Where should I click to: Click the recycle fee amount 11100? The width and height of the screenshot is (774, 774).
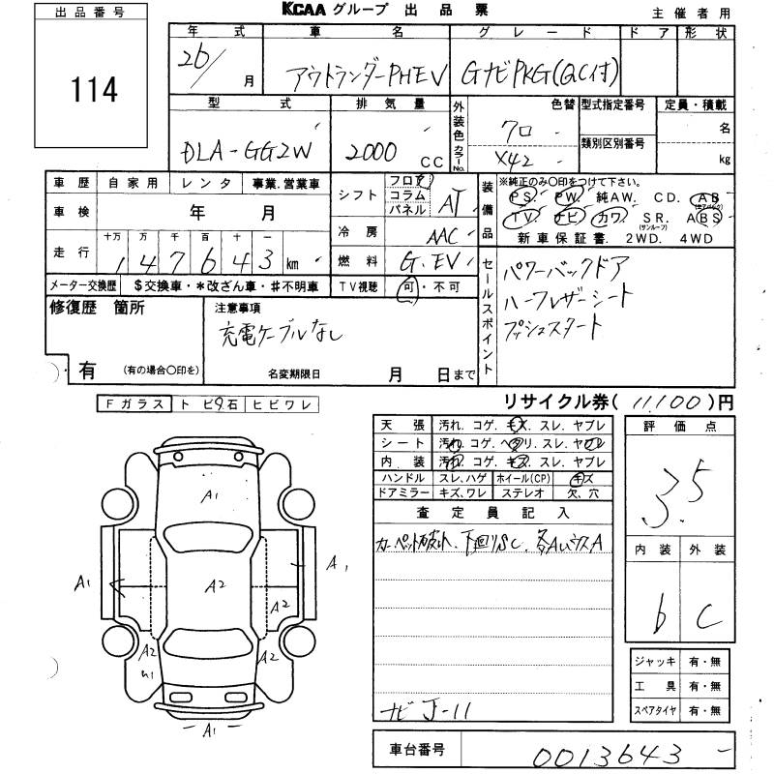(x=668, y=402)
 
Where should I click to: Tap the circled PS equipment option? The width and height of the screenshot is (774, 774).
(x=522, y=196)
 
